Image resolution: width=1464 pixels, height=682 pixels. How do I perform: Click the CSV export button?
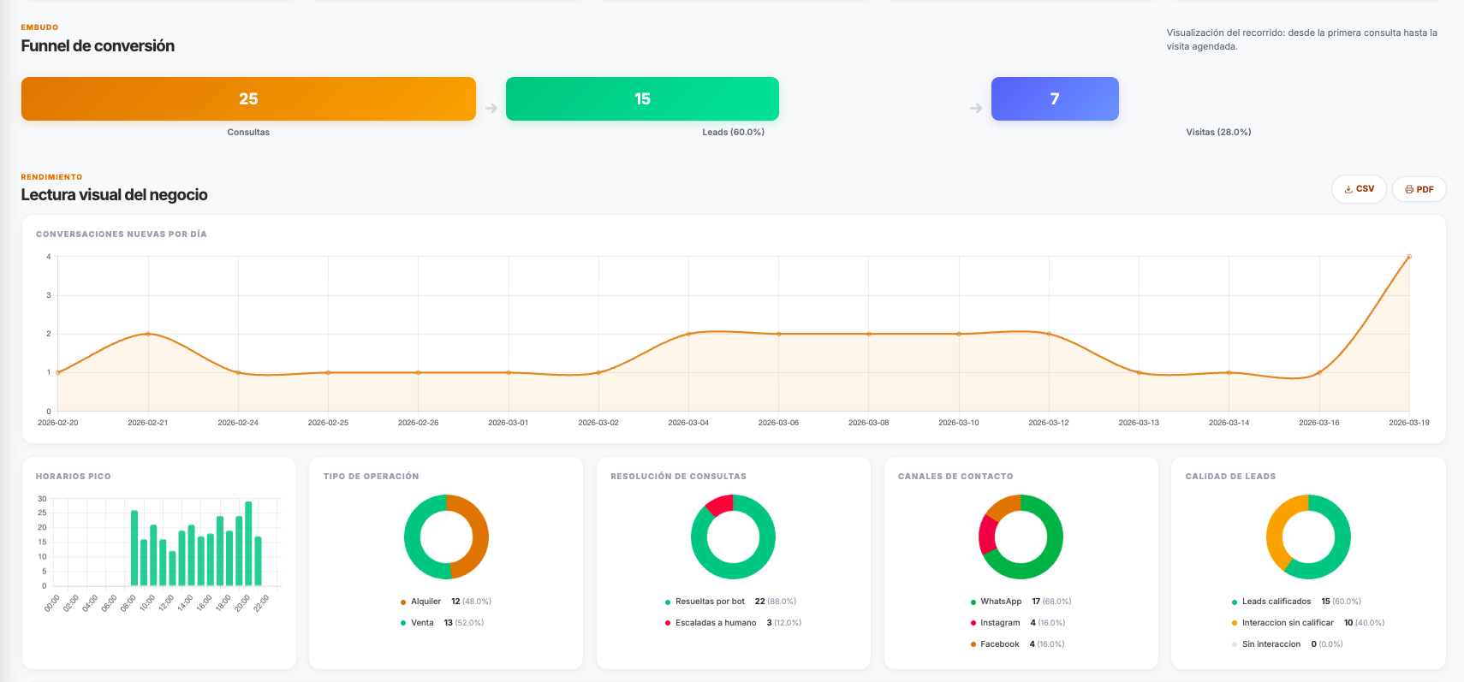coord(1359,189)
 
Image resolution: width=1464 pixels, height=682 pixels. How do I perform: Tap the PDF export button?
coord(1419,189)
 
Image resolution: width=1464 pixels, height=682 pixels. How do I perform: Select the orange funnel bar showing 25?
coord(248,99)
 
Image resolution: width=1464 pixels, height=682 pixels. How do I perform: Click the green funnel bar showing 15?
coord(642,99)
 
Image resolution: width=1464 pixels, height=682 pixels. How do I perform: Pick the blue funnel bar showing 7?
coord(1055,99)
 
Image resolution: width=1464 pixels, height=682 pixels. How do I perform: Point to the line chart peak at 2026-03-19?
coord(1408,257)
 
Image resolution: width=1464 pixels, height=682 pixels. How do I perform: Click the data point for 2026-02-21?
coord(148,334)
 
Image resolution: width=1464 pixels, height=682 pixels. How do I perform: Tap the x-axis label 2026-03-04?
coord(688,423)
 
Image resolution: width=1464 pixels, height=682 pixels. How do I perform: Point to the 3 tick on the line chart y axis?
coord(49,295)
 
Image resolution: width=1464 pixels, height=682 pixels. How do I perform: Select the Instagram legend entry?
coord(1000,623)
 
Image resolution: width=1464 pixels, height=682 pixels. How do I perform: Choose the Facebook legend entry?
coord(999,644)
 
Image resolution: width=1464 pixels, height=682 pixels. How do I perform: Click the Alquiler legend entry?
coord(426,602)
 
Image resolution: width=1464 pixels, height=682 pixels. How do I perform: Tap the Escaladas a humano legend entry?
coord(715,623)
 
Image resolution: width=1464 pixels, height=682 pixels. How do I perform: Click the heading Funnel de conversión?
coord(98,46)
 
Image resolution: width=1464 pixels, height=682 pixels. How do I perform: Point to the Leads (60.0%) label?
coord(733,133)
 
